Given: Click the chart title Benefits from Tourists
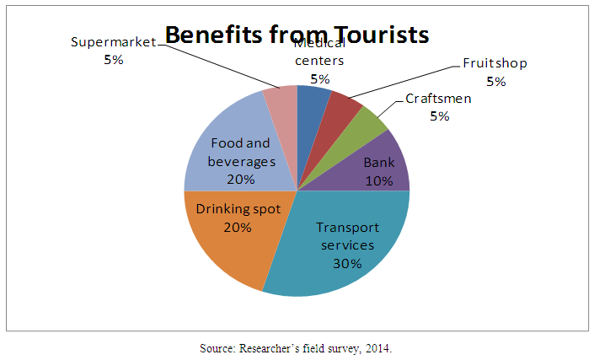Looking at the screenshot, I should [x=297, y=35].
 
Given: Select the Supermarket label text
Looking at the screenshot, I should [x=113, y=41].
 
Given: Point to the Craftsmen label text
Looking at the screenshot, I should [x=438, y=98].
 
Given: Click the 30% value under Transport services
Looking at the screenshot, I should [x=346, y=263].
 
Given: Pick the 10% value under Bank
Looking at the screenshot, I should [x=378, y=180].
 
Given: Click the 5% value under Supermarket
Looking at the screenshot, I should [x=113, y=59].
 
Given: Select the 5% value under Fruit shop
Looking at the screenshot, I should [x=495, y=82].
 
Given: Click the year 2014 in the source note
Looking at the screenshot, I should [x=377, y=348].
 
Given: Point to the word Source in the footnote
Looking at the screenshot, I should [x=219, y=348].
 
